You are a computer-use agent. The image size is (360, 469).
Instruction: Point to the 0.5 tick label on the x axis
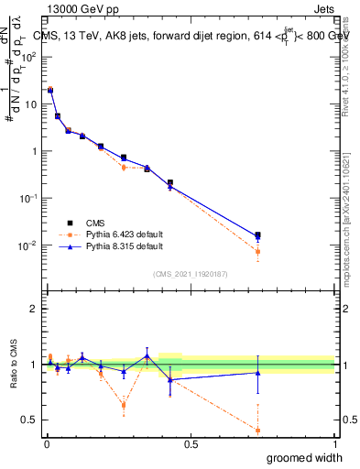coord(191,443)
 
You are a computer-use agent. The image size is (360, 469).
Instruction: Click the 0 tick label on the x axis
coord(46,443)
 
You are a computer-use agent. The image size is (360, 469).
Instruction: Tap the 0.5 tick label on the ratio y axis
coord(29,420)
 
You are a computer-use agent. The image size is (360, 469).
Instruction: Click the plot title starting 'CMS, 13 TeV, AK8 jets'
coord(192,36)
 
